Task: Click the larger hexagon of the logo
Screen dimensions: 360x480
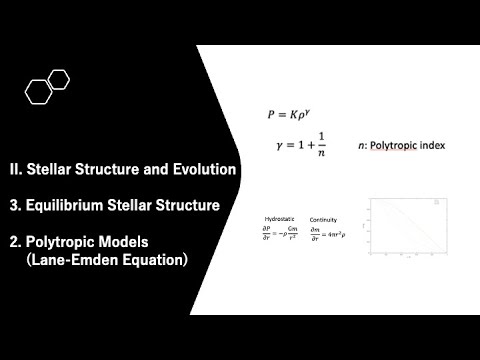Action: click(x=39, y=92)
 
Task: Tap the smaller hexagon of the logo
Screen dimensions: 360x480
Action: click(x=59, y=78)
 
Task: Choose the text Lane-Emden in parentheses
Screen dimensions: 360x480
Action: click(x=71, y=260)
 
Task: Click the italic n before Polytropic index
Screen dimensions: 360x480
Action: click(x=361, y=147)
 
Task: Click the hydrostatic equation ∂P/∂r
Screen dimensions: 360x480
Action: click(x=276, y=234)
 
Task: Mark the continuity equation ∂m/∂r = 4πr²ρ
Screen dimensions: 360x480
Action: click(x=328, y=234)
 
